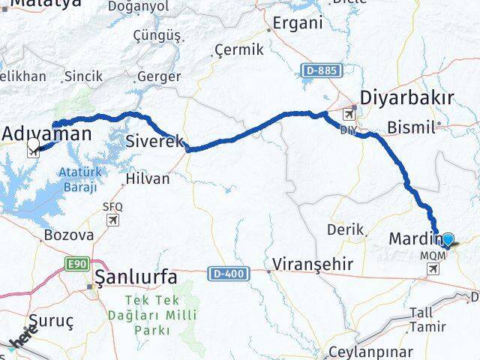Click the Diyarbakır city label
(407, 98)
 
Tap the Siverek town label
(154, 139)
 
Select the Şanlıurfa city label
(135, 277)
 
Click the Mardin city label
(415, 239)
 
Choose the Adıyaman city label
(46, 134)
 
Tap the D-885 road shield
(322, 70)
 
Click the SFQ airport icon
(112, 220)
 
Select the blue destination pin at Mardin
(448, 240)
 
